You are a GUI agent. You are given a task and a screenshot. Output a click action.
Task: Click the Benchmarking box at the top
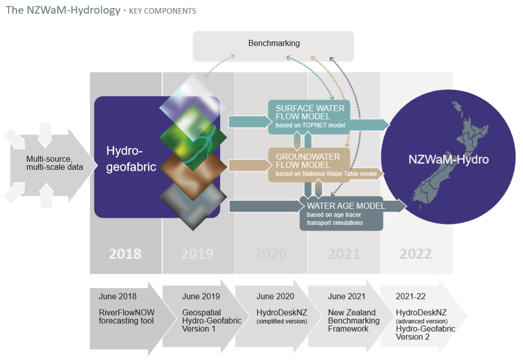point(273,43)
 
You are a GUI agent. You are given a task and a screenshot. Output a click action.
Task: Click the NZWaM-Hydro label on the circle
point(448,160)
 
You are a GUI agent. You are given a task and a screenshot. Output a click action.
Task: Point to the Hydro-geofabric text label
point(131,159)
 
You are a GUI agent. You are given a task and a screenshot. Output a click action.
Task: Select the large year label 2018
point(125,253)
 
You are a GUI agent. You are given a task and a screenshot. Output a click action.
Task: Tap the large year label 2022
point(415,253)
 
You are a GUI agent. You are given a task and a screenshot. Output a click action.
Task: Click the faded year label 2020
point(270,253)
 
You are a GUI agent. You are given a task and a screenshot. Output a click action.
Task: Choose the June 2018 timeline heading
point(117,296)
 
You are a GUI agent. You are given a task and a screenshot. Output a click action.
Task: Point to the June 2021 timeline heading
point(346,296)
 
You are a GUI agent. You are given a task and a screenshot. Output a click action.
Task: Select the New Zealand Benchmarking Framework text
point(353,321)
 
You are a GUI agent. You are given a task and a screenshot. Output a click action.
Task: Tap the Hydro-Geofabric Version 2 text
point(425,333)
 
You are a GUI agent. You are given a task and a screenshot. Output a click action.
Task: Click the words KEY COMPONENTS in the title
point(162,11)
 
